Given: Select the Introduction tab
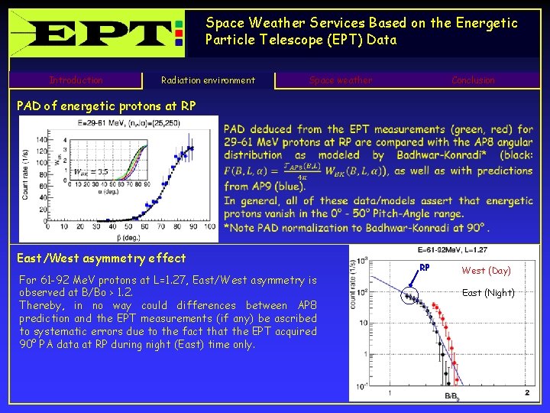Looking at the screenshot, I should coord(76,80).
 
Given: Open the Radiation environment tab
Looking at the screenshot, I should coord(208,80).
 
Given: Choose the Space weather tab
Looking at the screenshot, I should coord(341,80).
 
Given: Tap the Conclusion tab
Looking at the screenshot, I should coord(473,80).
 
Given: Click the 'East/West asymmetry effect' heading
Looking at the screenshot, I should coord(102,258).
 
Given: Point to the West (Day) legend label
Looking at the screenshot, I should coord(486,271).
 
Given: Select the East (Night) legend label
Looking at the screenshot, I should coord(488,293).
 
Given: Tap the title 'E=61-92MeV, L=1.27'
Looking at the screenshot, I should coord(452,250).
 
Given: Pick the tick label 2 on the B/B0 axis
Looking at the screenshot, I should coord(527,392).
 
